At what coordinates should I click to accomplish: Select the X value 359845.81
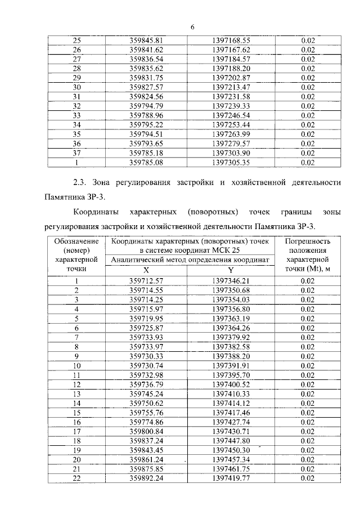coord(146,41)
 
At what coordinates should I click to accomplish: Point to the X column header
coord(146,270)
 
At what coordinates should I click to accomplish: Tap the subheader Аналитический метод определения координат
coord(190,260)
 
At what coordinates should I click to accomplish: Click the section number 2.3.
coord(83,183)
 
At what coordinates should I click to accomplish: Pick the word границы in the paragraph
coord(280,213)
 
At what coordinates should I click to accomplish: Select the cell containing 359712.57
coord(146,281)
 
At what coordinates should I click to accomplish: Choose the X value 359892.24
coord(146,478)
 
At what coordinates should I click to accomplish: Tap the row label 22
coord(78,478)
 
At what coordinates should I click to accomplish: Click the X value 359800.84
coord(146,431)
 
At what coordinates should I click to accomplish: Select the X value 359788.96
coord(146,116)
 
